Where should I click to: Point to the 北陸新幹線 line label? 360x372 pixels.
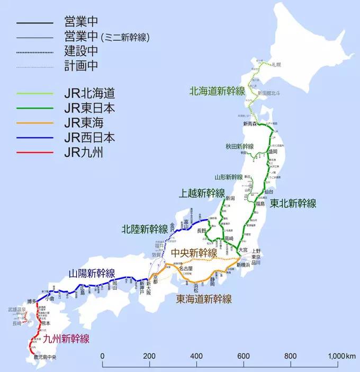tap(145, 229)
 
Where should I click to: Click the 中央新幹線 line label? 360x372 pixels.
tap(194, 252)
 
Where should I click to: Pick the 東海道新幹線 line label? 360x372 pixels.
tap(204, 299)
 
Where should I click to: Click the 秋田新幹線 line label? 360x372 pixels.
tap(239, 146)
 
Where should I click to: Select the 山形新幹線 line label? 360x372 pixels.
tap(229, 177)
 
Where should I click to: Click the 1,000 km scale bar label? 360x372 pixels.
tap(342, 356)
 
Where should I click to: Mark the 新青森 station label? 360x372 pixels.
tap(250, 123)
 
